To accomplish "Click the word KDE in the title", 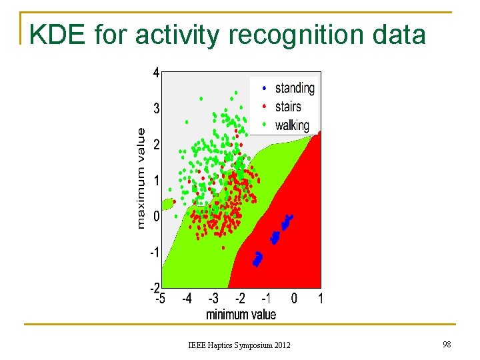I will click(57, 34).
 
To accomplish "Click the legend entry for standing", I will click(295, 88).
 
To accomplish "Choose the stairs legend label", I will click(288, 107).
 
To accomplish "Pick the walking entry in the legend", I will click(292, 125).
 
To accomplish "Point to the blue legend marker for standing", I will click(265, 88).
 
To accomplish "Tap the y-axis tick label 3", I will click(156, 109).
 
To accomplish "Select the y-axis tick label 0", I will click(156, 217).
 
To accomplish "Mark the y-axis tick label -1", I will click(154, 253).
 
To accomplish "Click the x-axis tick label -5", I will click(161, 299).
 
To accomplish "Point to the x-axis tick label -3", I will click(213, 299).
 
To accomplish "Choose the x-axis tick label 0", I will click(294, 299).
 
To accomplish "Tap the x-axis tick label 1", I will click(321, 299).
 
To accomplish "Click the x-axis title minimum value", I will click(241, 314).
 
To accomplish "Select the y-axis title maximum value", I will click(141, 178).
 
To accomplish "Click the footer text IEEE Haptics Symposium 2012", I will click(239, 345).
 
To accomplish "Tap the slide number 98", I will click(447, 344).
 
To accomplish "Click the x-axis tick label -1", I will click(266, 299).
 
